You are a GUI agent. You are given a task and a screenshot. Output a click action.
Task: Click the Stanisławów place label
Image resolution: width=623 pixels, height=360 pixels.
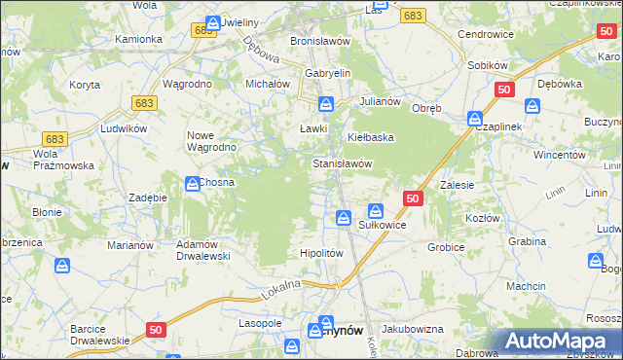click(x=343, y=163)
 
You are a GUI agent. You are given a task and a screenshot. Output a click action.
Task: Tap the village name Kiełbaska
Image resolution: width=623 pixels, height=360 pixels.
click(x=371, y=137)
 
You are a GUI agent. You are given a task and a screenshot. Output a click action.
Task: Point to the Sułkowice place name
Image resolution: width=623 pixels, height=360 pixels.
click(x=383, y=225)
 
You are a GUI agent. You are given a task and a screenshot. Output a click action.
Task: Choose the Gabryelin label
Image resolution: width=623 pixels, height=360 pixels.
click(x=328, y=73)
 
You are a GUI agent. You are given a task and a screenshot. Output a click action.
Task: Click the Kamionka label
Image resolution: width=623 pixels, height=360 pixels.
click(x=138, y=39)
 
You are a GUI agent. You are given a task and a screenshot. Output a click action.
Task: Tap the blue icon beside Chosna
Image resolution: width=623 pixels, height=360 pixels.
click(x=193, y=182)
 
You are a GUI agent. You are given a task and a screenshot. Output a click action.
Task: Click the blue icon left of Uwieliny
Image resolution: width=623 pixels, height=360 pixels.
click(x=213, y=20)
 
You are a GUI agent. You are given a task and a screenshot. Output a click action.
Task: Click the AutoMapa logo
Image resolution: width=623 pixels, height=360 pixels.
click(x=557, y=342)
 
